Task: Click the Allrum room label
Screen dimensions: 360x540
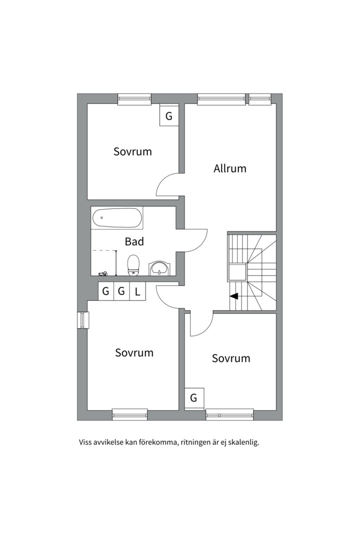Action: pos(230,168)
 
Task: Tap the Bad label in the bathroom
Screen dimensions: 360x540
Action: pos(134,241)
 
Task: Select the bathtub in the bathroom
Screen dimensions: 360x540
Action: pos(117,217)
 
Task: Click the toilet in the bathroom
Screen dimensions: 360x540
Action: pos(133,265)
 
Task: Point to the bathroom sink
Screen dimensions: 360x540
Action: pos(159,268)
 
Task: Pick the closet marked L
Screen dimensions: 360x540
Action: pos(137,291)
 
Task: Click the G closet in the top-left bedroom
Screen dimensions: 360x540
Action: pos(169,116)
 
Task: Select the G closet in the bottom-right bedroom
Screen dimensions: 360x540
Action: pos(193,398)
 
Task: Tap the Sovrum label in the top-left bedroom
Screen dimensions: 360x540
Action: pos(132,151)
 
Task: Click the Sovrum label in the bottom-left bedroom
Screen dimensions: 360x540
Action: pos(134,352)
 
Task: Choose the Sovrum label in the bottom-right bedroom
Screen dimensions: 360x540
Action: pos(231,358)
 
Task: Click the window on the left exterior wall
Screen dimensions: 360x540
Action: pos(82,320)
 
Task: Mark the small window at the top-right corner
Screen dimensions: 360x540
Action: pos(260,99)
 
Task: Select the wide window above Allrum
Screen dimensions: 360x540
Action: pos(221,99)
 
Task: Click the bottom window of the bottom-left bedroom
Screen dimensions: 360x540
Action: pos(130,414)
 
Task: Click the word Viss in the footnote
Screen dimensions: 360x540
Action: pos(84,442)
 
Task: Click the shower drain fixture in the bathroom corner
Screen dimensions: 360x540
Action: pos(103,274)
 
